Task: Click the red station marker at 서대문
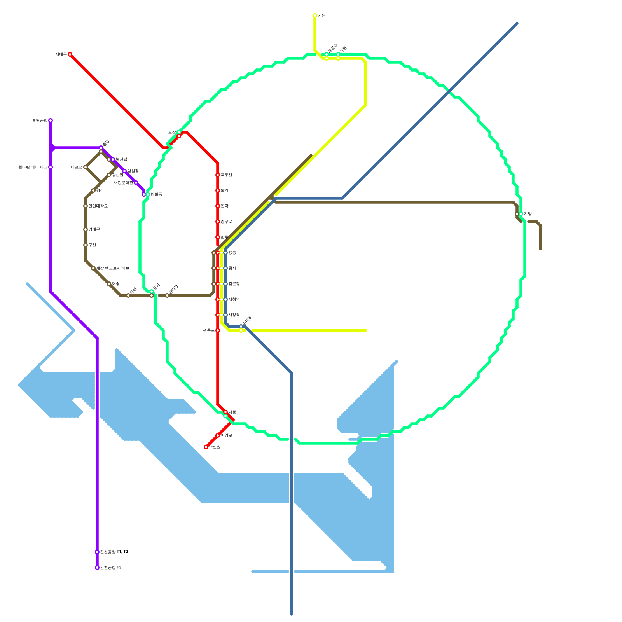(70, 54)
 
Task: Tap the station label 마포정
(77, 167)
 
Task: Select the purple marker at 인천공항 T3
(97, 568)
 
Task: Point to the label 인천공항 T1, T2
(114, 552)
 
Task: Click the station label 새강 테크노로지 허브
(113, 268)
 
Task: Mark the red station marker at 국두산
(218, 175)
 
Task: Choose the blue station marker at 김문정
(225, 284)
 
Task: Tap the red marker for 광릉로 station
(218, 330)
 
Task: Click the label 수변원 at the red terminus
(215, 447)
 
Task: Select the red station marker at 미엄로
(218, 435)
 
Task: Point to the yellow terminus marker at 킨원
(315, 16)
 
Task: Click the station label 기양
(528, 214)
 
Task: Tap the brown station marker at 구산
(86, 245)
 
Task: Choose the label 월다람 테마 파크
(33, 167)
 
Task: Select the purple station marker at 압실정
(124, 171)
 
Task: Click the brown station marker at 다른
(128, 295)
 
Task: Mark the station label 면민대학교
(98, 206)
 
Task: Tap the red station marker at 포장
(179, 136)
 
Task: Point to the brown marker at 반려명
(167, 295)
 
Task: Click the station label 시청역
(234, 299)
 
